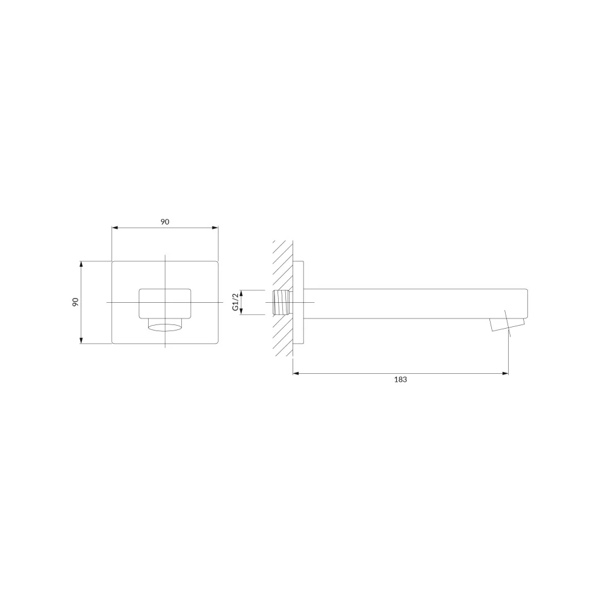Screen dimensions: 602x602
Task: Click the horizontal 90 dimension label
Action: (x=165, y=222)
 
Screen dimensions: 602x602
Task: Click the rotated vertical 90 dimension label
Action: (x=75, y=302)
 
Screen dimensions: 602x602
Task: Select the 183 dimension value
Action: (x=400, y=380)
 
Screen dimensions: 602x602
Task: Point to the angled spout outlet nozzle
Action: (x=507, y=324)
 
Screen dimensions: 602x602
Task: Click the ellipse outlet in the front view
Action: (x=165, y=327)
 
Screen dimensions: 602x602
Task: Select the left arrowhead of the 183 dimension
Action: (x=296, y=373)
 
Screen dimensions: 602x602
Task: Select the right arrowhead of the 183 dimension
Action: (x=505, y=373)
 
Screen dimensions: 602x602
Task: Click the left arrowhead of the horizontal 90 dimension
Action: (x=114, y=228)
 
